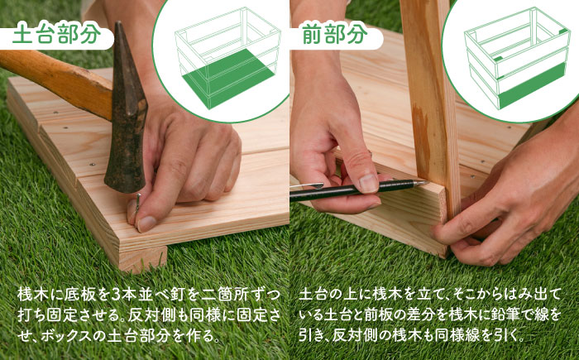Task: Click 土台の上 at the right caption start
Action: coord(328,295)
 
